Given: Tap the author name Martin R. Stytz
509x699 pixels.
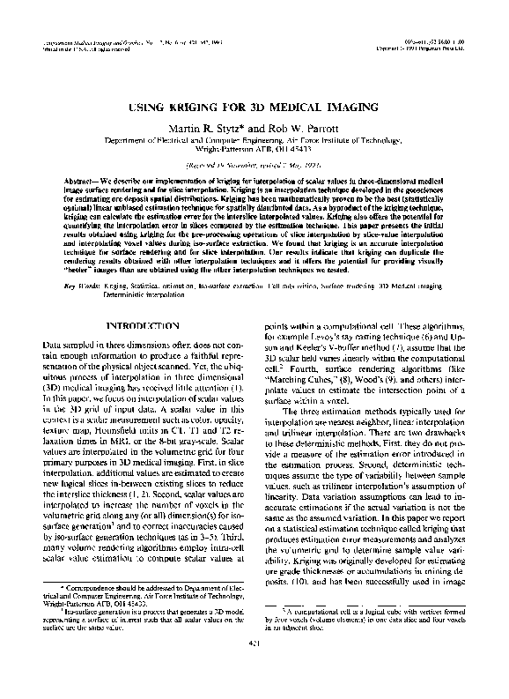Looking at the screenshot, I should [x=209, y=130].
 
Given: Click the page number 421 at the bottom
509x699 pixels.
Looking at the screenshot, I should [x=254, y=674].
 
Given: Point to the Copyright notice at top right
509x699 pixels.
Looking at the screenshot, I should [x=424, y=48].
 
